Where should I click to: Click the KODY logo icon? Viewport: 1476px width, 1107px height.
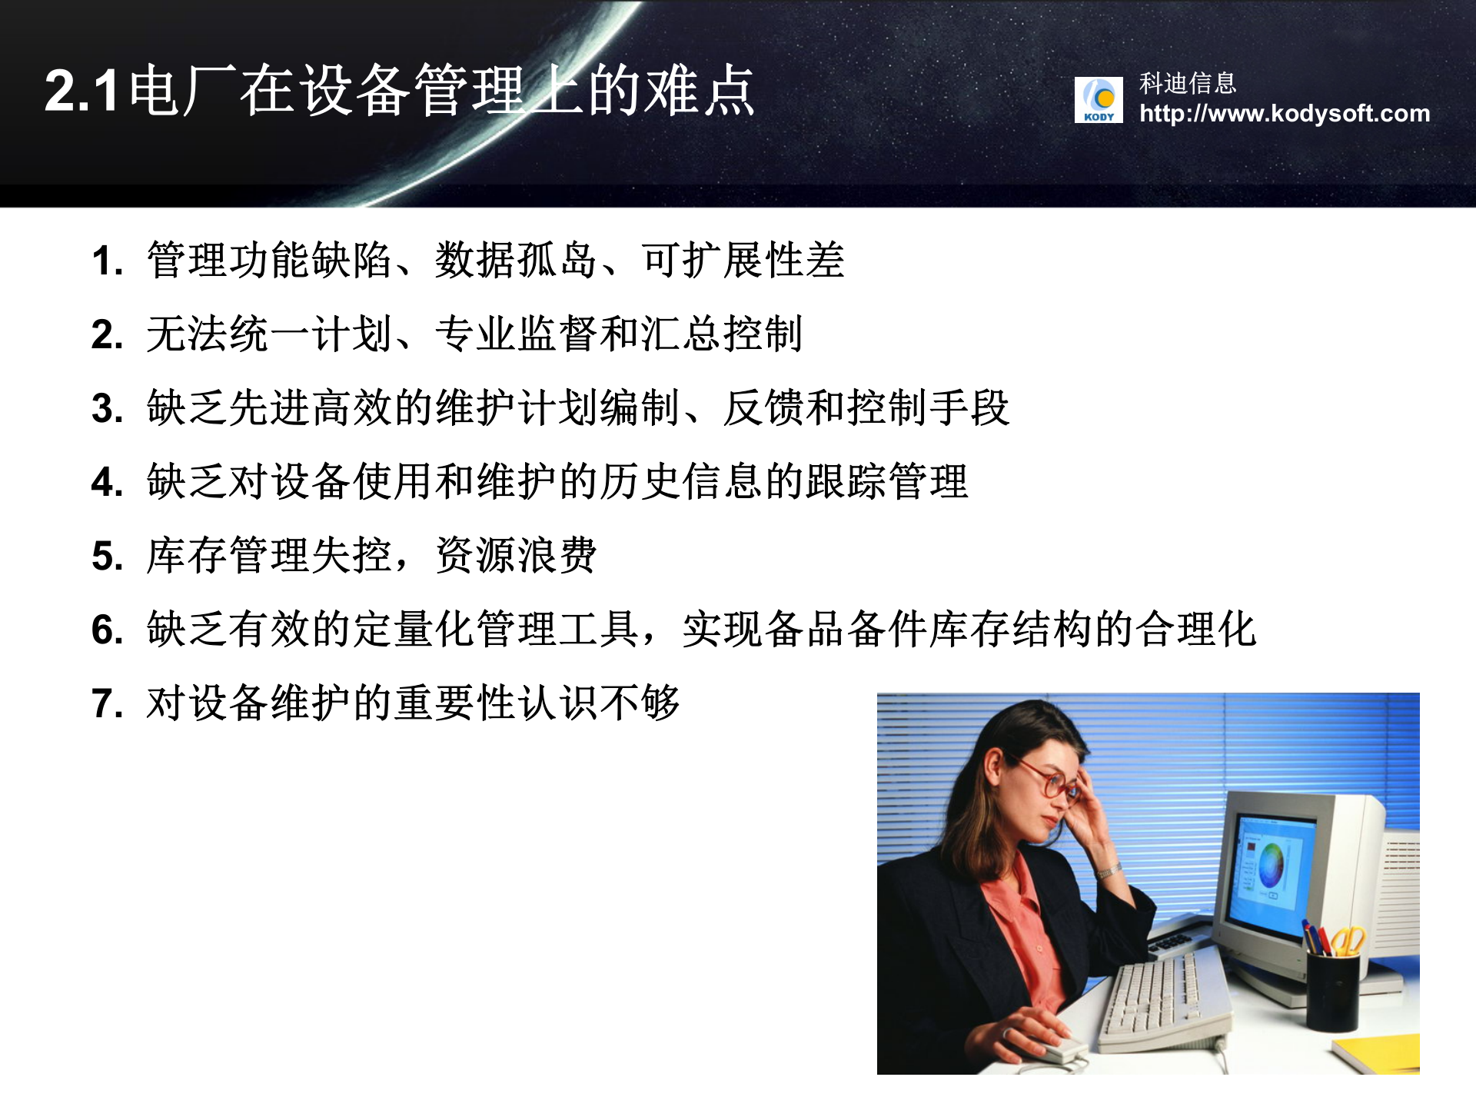(x=1098, y=100)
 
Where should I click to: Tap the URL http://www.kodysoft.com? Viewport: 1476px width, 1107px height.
(x=1284, y=114)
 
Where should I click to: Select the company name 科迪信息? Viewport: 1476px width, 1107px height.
(x=1187, y=83)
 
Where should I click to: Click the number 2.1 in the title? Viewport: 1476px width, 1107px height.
(x=81, y=91)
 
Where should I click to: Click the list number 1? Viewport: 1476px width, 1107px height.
(x=106, y=261)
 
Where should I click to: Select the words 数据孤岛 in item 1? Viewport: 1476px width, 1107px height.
(x=516, y=260)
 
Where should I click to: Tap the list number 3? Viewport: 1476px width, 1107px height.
(x=106, y=408)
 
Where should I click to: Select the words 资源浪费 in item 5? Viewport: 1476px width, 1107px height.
(x=516, y=555)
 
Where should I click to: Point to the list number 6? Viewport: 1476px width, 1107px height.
(x=106, y=630)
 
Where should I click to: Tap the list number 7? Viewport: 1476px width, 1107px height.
(x=106, y=703)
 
